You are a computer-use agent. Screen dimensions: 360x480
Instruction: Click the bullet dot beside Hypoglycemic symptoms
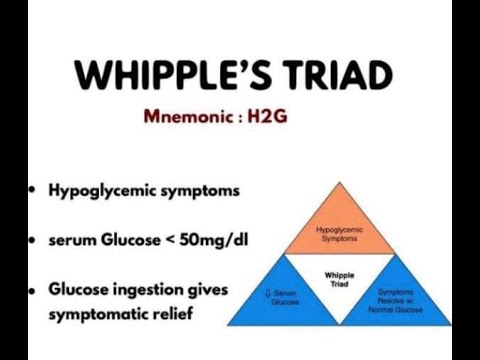point(33,190)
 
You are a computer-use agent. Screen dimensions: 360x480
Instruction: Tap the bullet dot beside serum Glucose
point(33,241)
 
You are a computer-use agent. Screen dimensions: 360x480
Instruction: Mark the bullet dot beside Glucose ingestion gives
point(33,289)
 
